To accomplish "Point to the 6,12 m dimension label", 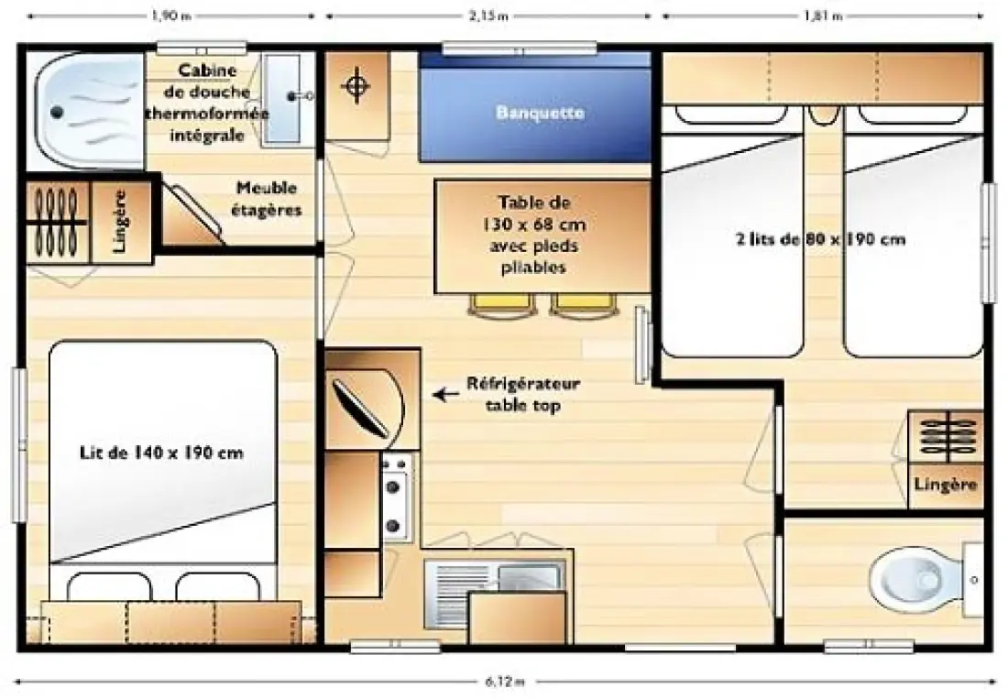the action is pyautogui.click(x=505, y=682).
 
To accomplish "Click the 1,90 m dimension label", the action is pyautogui.click(x=171, y=16).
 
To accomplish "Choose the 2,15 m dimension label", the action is pyautogui.click(x=488, y=16).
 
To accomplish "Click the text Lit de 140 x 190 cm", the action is pyautogui.click(x=161, y=453).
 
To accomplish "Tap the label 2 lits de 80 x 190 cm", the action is pyautogui.click(x=820, y=240).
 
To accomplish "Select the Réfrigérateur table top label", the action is pyautogui.click(x=523, y=395).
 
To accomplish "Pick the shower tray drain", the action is pyautogui.click(x=57, y=113).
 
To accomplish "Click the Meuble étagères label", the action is pyautogui.click(x=267, y=199).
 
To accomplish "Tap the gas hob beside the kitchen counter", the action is pyautogui.click(x=393, y=498).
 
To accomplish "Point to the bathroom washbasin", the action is pyautogui.click(x=283, y=98).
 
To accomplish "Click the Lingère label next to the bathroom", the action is pyautogui.click(x=120, y=221).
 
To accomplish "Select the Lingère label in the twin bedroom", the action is pyautogui.click(x=946, y=485).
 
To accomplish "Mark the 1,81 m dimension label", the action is pyautogui.click(x=823, y=16).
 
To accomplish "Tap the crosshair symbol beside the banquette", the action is pyautogui.click(x=356, y=86).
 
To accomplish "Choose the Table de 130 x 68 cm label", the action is pyautogui.click(x=534, y=235).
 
